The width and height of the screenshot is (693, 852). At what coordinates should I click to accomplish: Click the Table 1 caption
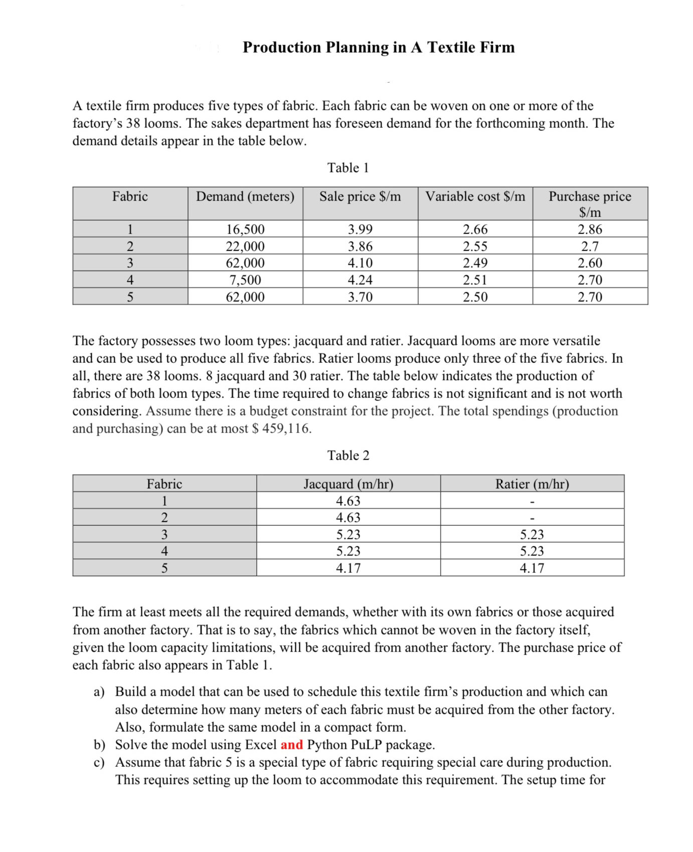click(x=348, y=168)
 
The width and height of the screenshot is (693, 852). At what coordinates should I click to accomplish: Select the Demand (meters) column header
click(x=245, y=196)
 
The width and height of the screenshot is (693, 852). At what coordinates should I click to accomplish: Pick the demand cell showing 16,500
click(x=245, y=230)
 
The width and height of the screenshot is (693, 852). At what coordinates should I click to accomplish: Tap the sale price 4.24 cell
click(x=360, y=280)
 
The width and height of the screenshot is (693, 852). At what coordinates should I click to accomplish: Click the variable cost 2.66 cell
click(x=475, y=230)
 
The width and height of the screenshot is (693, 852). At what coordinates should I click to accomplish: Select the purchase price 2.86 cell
click(x=590, y=230)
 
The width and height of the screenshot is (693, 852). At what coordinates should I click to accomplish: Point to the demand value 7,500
click(x=245, y=280)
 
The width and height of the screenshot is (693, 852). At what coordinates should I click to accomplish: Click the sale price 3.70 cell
click(x=360, y=297)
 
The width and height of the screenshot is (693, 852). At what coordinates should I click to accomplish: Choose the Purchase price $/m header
click(x=590, y=203)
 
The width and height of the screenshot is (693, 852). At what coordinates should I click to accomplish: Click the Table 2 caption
click(x=348, y=456)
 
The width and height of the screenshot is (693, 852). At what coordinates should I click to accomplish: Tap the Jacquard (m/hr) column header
click(x=348, y=484)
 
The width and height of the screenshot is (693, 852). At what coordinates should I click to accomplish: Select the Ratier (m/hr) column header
click(x=532, y=484)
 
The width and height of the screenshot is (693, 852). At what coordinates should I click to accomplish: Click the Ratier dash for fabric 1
click(x=532, y=501)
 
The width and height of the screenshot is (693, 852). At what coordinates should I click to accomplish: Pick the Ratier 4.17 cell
click(x=532, y=568)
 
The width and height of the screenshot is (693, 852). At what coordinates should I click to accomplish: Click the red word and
click(x=291, y=745)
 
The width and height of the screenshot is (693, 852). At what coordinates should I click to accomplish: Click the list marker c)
click(x=99, y=763)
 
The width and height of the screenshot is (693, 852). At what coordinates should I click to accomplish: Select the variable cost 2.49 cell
click(x=475, y=263)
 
